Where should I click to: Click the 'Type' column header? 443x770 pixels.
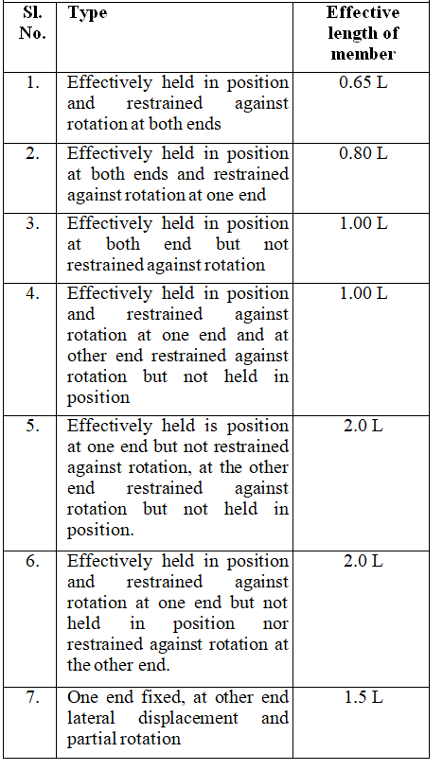click(x=87, y=14)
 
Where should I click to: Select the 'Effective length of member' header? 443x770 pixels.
click(x=363, y=33)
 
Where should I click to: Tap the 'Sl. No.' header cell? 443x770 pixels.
click(x=32, y=23)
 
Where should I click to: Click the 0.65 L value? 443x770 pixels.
click(x=363, y=82)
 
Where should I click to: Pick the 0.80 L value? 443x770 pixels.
click(x=363, y=153)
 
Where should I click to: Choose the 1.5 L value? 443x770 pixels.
click(x=363, y=697)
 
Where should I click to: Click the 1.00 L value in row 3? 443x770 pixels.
click(x=363, y=223)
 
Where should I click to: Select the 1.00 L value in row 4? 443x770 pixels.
click(x=363, y=293)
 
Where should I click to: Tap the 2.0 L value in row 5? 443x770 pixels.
click(x=363, y=426)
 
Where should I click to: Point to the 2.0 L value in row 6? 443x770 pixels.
click(x=363, y=561)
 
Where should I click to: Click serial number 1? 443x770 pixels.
click(x=33, y=82)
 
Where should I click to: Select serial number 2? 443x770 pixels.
click(x=33, y=153)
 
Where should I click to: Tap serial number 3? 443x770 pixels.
click(x=33, y=223)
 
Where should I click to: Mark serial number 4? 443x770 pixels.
click(x=33, y=293)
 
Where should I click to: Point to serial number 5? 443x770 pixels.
click(x=33, y=426)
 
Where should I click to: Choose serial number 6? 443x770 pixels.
click(x=33, y=561)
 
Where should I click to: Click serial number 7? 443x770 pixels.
click(x=33, y=697)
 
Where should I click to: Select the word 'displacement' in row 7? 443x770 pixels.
click(x=188, y=718)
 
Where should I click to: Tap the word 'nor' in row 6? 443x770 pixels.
click(x=275, y=624)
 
